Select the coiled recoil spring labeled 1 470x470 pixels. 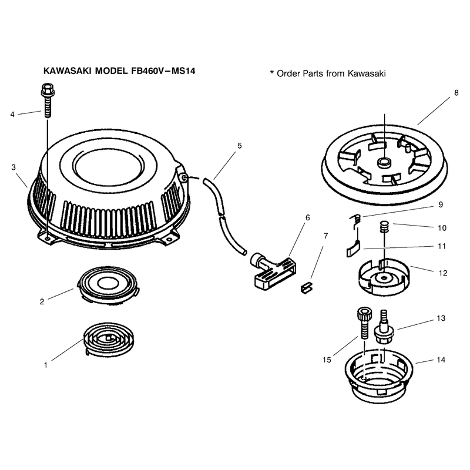tap(109, 340)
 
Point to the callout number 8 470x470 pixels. tap(456, 93)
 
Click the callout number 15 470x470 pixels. tap(327, 360)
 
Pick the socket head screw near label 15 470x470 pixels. tap(363, 324)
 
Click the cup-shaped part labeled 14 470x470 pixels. tap(378, 375)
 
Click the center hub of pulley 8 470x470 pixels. tap(384, 163)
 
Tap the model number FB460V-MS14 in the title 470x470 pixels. tap(163, 71)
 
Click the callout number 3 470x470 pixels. tap(14, 167)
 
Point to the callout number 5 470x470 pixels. tap(240, 146)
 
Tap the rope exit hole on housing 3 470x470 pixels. tap(184, 179)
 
